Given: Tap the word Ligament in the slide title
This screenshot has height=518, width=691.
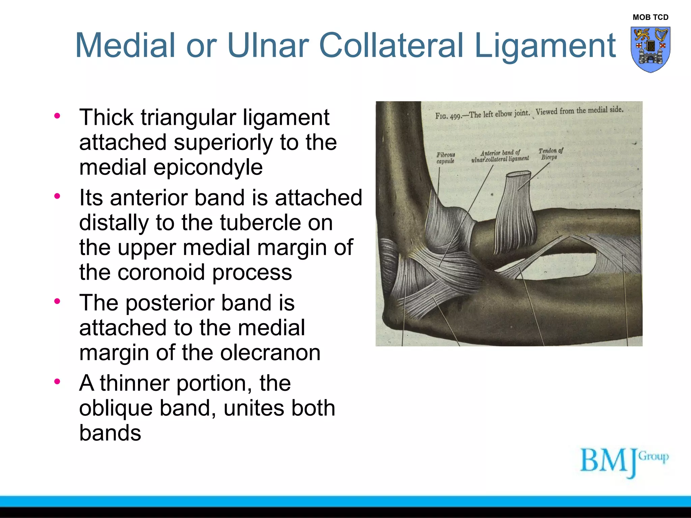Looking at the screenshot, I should (x=545, y=46).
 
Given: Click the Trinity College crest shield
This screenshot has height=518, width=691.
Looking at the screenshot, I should (x=650, y=49).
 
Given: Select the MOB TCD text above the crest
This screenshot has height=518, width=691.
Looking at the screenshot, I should (x=650, y=17).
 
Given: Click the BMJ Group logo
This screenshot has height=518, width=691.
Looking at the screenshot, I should (x=624, y=462).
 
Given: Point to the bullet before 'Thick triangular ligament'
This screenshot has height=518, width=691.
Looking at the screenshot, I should (x=57, y=116).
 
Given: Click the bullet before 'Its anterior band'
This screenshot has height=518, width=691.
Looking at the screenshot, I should (x=57, y=196).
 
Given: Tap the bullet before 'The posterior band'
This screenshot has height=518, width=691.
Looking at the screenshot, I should (x=57, y=301).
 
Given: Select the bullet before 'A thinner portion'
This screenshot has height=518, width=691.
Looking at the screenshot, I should (x=57, y=381).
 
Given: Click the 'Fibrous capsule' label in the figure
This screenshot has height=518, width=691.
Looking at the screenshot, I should (x=445, y=158).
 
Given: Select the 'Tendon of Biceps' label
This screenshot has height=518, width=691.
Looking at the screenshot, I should (x=550, y=154).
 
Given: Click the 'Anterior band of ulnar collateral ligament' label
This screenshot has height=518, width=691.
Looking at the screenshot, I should (x=500, y=156).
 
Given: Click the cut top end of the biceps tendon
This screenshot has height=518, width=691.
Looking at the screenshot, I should (x=518, y=174).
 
